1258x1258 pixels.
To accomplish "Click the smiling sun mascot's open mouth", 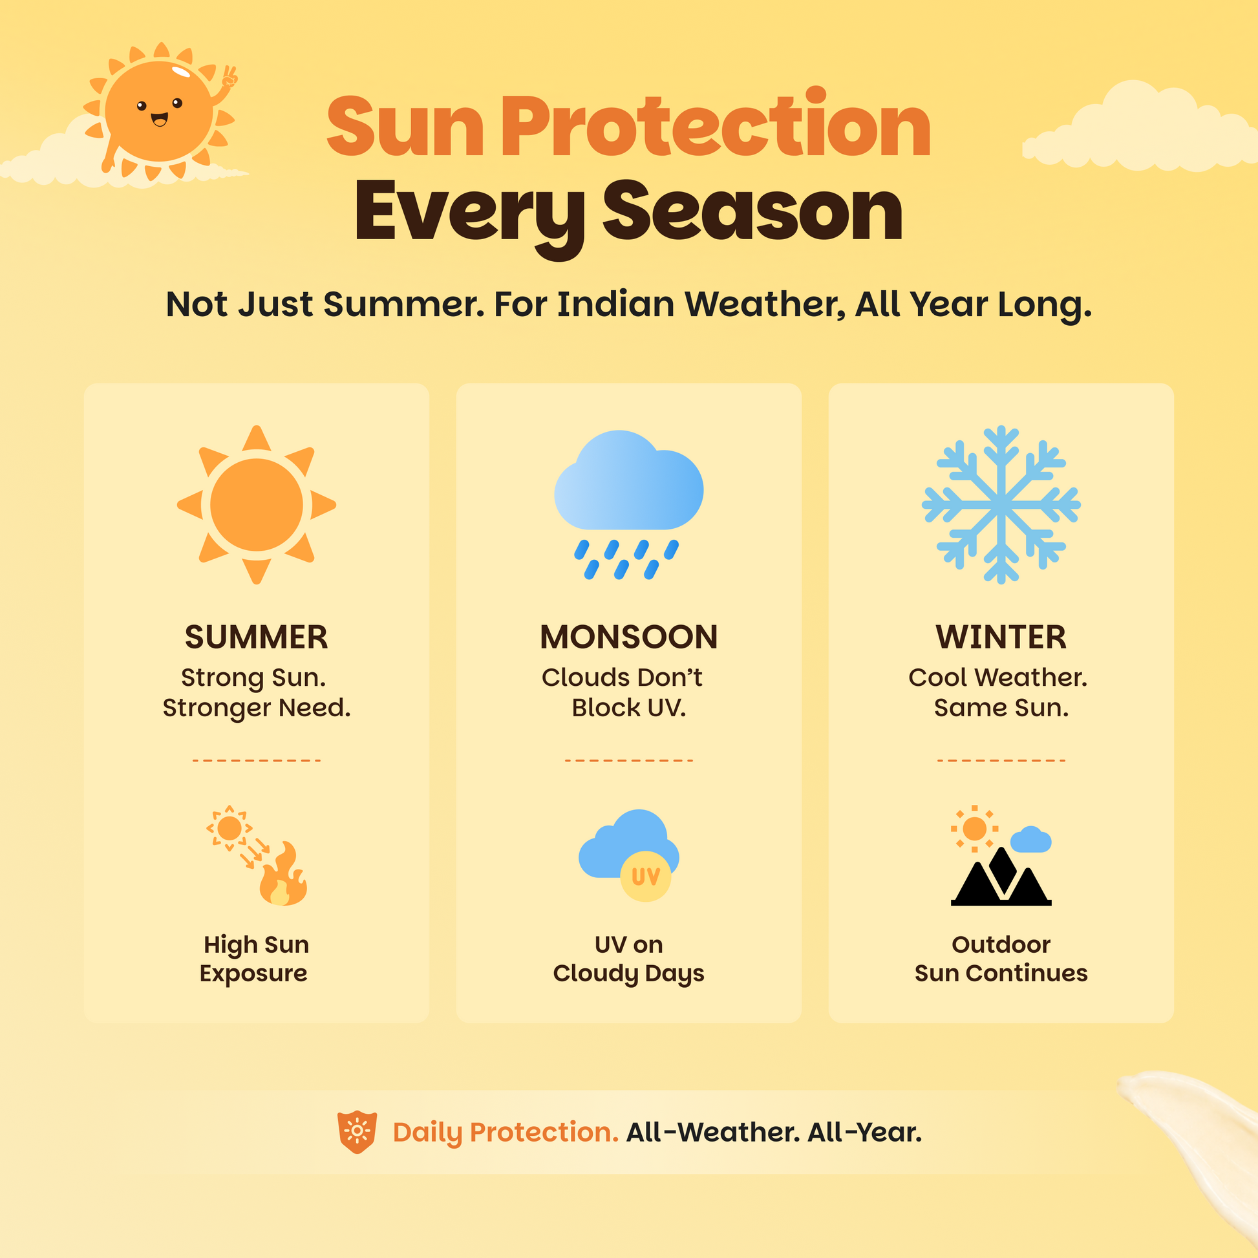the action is click(x=160, y=119).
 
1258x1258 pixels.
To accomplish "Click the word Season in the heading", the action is click(x=752, y=211).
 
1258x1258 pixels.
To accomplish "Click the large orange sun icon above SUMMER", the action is click(x=257, y=505).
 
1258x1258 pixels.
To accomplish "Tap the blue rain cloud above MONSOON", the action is click(x=629, y=480).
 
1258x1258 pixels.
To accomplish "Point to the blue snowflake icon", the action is click(x=1001, y=505).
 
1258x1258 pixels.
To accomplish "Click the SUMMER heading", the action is click(x=257, y=637).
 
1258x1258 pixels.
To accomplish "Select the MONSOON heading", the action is click(x=629, y=637).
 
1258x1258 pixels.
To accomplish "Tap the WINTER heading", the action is click(x=1001, y=637).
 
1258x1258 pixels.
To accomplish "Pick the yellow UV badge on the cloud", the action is click(x=646, y=877).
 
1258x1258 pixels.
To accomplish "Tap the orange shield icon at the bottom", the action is click(x=357, y=1132).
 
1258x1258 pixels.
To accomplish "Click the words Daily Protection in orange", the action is click(x=506, y=1133).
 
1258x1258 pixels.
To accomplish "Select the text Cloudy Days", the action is click(x=629, y=974).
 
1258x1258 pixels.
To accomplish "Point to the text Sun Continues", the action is click(x=1001, y=973).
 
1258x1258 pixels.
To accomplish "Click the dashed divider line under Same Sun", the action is click(x=1001, y=760).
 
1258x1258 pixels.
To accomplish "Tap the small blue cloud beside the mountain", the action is click(x=1030, y=839).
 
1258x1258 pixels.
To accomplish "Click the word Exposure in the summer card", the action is click(x=254, y=974).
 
